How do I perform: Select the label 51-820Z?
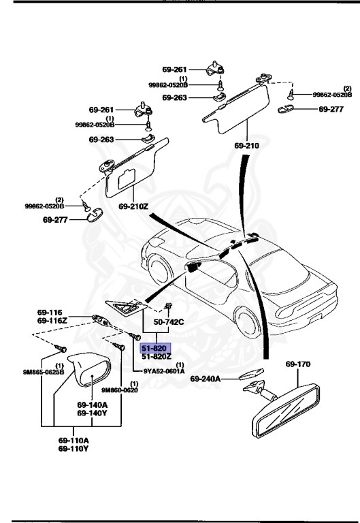coord(157,356)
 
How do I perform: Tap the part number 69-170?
coord(297,365)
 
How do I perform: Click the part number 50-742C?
coord(169,321)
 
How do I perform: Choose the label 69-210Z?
coord(133,206)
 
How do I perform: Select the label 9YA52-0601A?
coord(163,371)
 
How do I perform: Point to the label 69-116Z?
coord(52,319)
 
